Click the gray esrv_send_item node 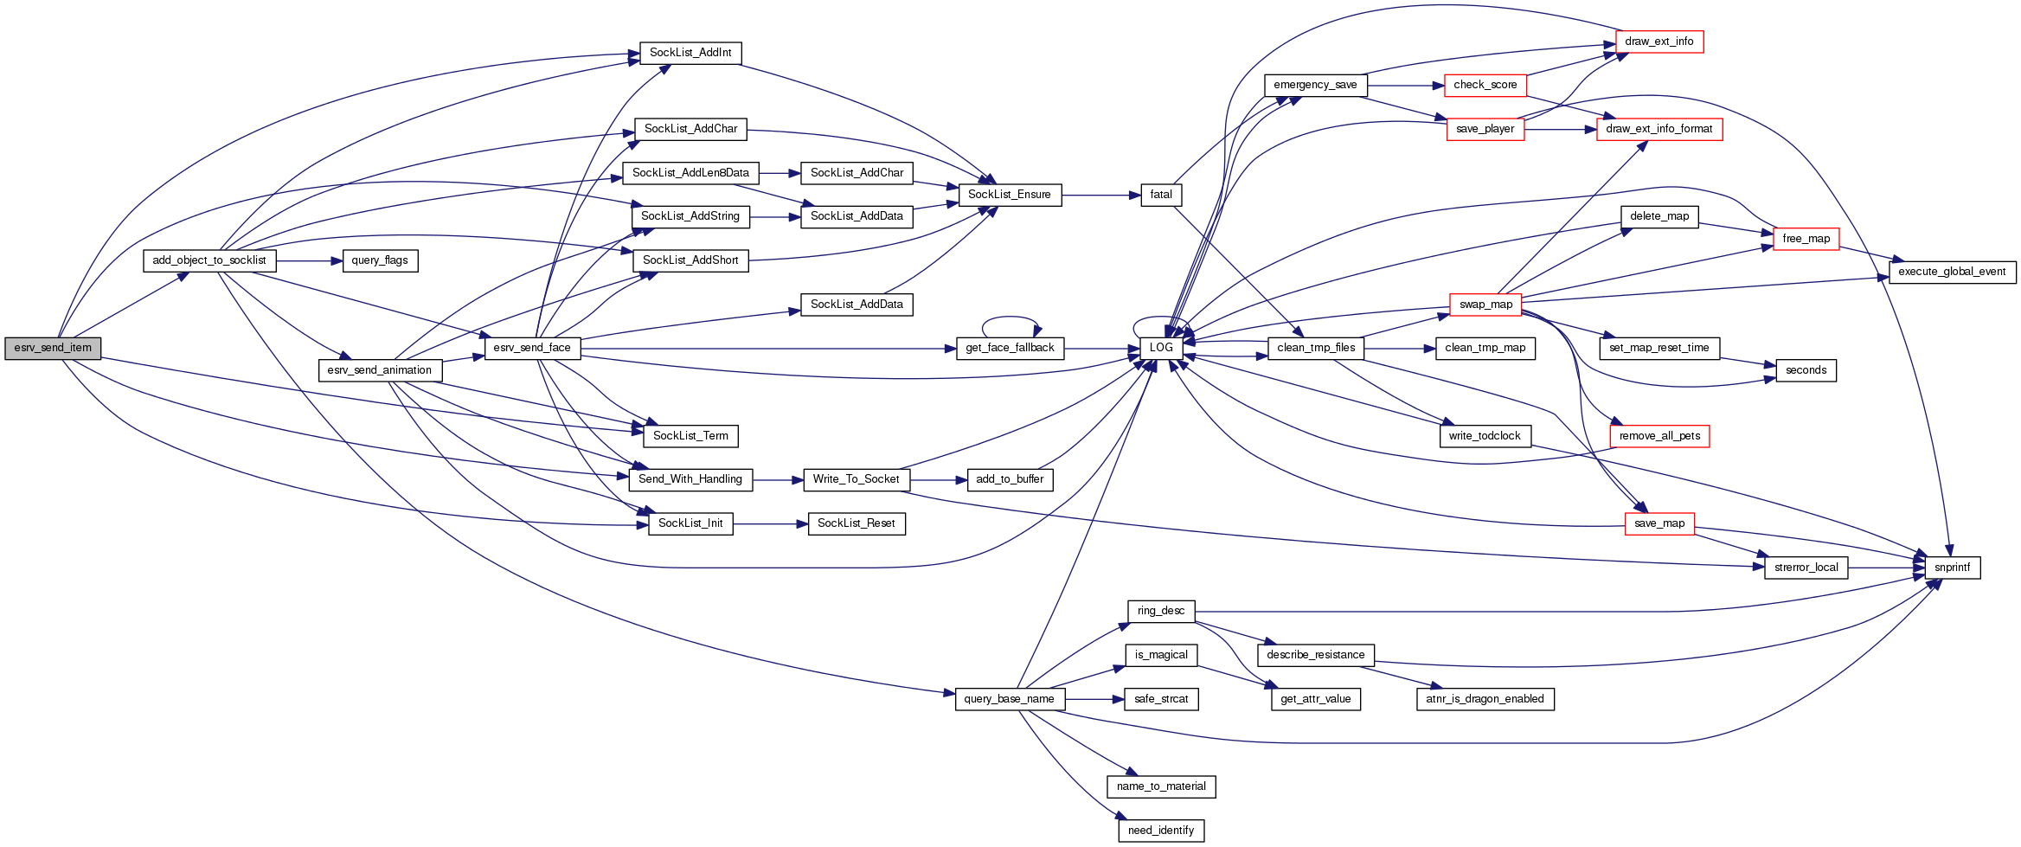pyautogui.click(x=53, y=348)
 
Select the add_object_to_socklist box pyautogui.click(x=209, y=260)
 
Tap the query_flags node pyautogui.click(x=380, y=260)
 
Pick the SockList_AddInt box pyautogui.click(x=690, y=53)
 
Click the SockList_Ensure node pyautogui.click(x=1010, y=195)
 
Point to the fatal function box pyautogui.click(x=1161, y=195)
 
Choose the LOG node pyautogui.click(x=1161, y=348)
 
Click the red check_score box pyautogui.click(x=1485, y=85)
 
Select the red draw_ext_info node pyautogui.click(x=1659, y=42)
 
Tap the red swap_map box pyautogui.click(x=1485, y=305)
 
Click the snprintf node pyautogui.click(x=1953, y=568)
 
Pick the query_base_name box pyautogui.click(x=1010, y=699)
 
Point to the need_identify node pyautogui.click(x=1161, y=831)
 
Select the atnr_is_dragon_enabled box pyautogui.click(x=1485, y=699)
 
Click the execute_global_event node pyautogui.click(x=1952, y=272)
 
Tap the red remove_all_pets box pyautogui.click(x=1659, y=436)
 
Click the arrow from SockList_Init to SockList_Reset pyautogui.click(x=770, y=524)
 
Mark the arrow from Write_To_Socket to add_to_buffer pyautogui.click(x=938, y=480)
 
